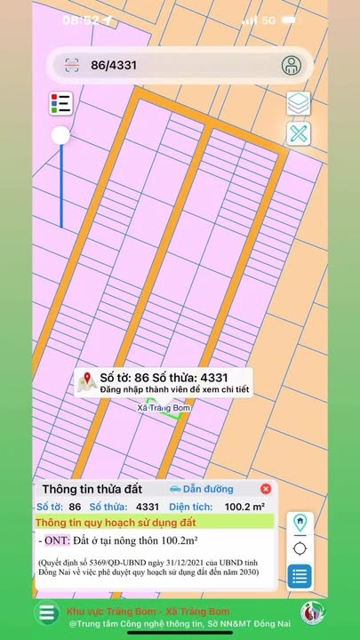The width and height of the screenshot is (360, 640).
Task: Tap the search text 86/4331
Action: (x=114, y=65)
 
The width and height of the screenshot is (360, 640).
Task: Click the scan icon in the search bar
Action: (x=74, y=65)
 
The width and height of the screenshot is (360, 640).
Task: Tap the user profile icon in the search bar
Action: (x=291, y=65)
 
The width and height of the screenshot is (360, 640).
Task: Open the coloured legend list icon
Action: (x=60, y=104)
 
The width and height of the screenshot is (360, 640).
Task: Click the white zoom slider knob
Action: (x=60, y=136)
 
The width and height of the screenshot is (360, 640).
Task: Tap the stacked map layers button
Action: (x=299, y=104)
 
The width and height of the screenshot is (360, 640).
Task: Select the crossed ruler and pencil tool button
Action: (x=299, y=134)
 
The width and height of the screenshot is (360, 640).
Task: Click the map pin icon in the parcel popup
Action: (x=87, y=382)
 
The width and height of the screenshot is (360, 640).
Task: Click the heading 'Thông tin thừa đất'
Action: (x=92, y=489)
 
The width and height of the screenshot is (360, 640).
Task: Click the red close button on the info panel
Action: (x=266, y=489)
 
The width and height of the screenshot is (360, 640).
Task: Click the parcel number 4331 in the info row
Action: (x=148, y=507)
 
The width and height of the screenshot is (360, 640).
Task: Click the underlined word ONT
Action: (x=56, y=540)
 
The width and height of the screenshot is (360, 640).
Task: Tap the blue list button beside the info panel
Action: (x=300, y=576)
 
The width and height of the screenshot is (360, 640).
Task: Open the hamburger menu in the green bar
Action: (x=46, y=613)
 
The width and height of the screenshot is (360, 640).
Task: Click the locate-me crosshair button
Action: (x=300, y=548)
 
